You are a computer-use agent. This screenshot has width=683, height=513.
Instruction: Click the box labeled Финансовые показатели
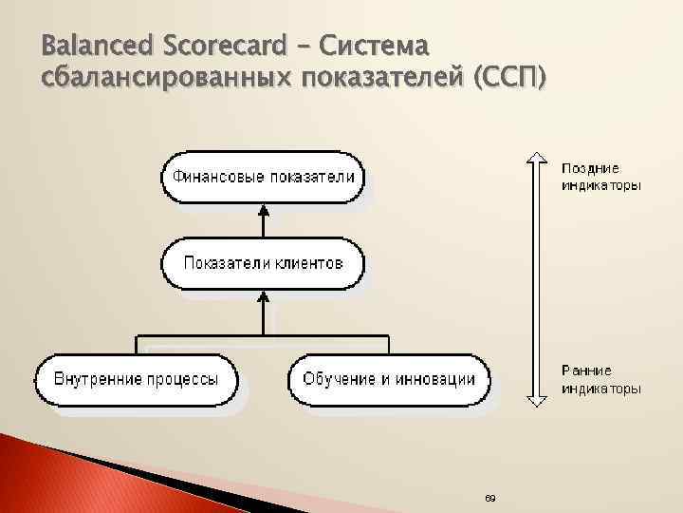pos(262,178)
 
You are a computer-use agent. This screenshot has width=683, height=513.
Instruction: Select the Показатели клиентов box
pos(263,263)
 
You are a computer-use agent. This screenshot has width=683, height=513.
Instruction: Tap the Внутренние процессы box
pos(136,378)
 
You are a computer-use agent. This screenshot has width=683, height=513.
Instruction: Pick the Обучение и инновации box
pos(389,378)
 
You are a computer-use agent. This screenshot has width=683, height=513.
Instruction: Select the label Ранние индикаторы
pos(600,379)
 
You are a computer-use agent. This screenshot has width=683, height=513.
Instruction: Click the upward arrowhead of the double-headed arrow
pos(538,160)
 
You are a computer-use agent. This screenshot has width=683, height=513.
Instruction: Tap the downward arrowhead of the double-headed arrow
pos(538,399)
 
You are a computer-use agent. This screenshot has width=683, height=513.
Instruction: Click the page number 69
pos(489,499)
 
